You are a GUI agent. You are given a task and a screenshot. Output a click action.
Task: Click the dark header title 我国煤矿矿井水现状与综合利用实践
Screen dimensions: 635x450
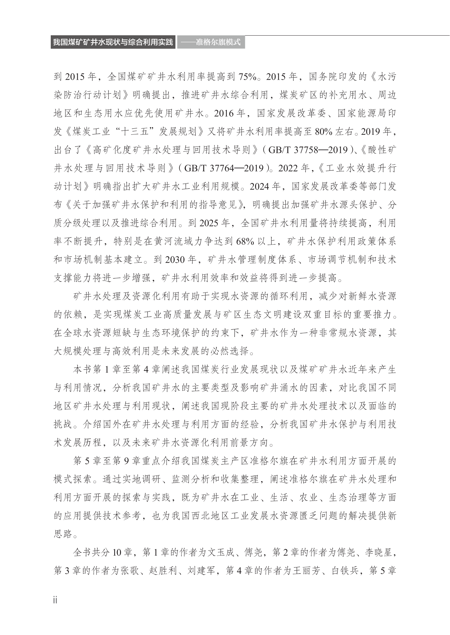click(113, 42)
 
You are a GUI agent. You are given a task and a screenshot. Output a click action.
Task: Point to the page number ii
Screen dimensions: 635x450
click(55, 599)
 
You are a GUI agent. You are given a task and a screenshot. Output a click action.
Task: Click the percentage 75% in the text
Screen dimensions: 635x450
click(247, 77)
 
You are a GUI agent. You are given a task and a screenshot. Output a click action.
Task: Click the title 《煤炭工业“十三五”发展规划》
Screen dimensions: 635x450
click(133, 132)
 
